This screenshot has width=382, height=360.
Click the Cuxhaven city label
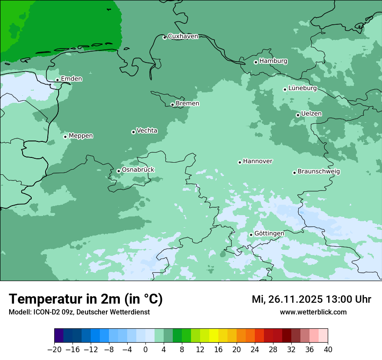coord(183,36)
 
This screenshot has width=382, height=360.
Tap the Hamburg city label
coord(273,61)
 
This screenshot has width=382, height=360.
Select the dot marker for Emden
coord(57,80)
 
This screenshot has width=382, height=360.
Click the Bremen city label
coord(187,104)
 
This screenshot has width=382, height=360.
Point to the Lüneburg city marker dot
coord(285,89)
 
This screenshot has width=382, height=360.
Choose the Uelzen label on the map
coord(311,114)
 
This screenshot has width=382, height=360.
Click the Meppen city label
coord(81,136)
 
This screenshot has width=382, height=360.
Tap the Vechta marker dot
coord(133,132)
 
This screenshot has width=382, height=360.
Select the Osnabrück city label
coord(138,170)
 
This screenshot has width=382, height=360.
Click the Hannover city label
coord(257,161)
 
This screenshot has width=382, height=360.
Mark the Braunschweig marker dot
coord(294,173)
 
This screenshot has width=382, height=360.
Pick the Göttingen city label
coord(269,233)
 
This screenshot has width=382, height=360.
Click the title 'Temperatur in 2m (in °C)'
coord(86,299)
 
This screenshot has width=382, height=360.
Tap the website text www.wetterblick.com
coord(313,312)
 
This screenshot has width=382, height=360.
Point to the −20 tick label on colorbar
coord(54,350)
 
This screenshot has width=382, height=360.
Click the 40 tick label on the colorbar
coord(328,350)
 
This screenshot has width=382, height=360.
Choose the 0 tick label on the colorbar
coord(145,350)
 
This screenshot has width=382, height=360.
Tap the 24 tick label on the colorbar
coord(255,350)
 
